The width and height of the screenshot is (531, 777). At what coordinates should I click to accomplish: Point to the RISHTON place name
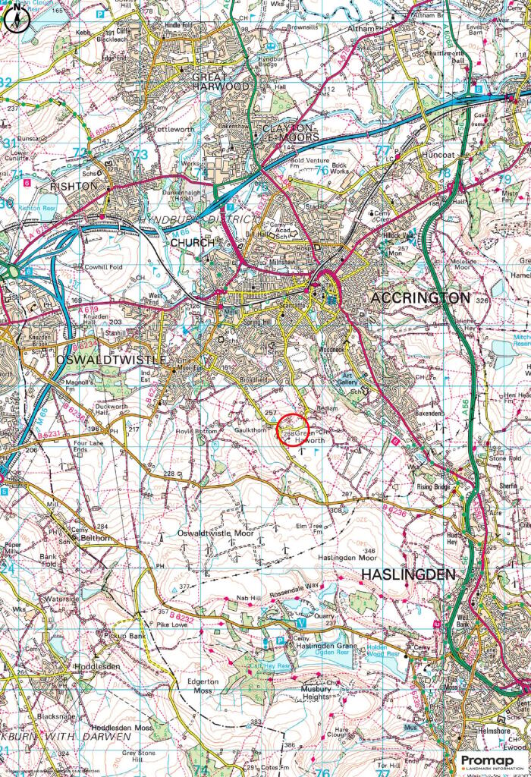(74, 186)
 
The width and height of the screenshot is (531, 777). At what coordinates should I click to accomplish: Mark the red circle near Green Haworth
(292, 430)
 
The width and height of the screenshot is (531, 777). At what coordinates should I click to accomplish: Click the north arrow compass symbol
(15, 18)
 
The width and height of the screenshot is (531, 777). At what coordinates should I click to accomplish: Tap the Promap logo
(490, 761)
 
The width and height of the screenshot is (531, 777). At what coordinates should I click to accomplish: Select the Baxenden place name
(435, 414)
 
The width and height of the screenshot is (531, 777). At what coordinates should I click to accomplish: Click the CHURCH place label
(187, 243)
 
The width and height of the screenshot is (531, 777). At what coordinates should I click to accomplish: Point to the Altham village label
(360, 28)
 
